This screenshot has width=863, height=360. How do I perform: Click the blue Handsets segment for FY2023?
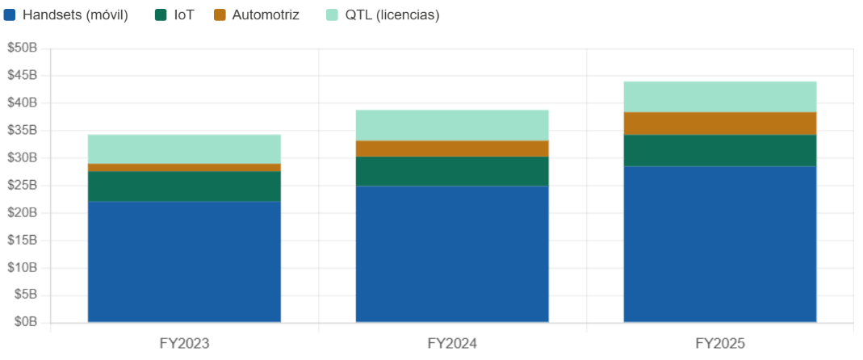pyautogui.click(x=184, y=262)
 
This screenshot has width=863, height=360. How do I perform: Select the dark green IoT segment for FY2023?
pyautogui.click(x=184, y=186)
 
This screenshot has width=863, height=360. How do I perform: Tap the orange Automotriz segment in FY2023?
pyautogui.click(x=184, y=167)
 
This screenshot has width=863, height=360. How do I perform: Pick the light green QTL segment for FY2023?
pyautogui.click(x=184, y=149)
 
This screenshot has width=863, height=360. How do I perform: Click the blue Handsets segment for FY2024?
pyautogui.click(x=452, y=254)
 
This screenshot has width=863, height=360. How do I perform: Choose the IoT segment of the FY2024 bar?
pyautogui.click(x=452, y=171)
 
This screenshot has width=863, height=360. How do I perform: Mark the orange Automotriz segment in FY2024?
pyautogui.click(x=452, y=149)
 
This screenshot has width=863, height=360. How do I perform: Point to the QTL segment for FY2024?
pyautogui.click(x=452, y=125)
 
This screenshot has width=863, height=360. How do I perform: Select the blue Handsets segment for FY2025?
pyautogui.click(x=720, y=244)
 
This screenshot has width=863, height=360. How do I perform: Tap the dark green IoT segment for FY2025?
pyautogui.click(x=720, y=150)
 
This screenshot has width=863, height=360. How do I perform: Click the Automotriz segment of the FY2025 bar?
pyautogui.click(x=720, y=123)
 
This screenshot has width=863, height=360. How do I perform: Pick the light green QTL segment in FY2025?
pyautogui.click(x=720, y=96)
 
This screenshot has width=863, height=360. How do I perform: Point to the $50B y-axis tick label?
pyautogui.click(x=22, y=48)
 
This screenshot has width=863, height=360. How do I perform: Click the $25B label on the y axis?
pyautogui.click(x=22, y=186)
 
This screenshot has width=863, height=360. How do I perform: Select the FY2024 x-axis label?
pyautogui.click(x=452, y=344)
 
